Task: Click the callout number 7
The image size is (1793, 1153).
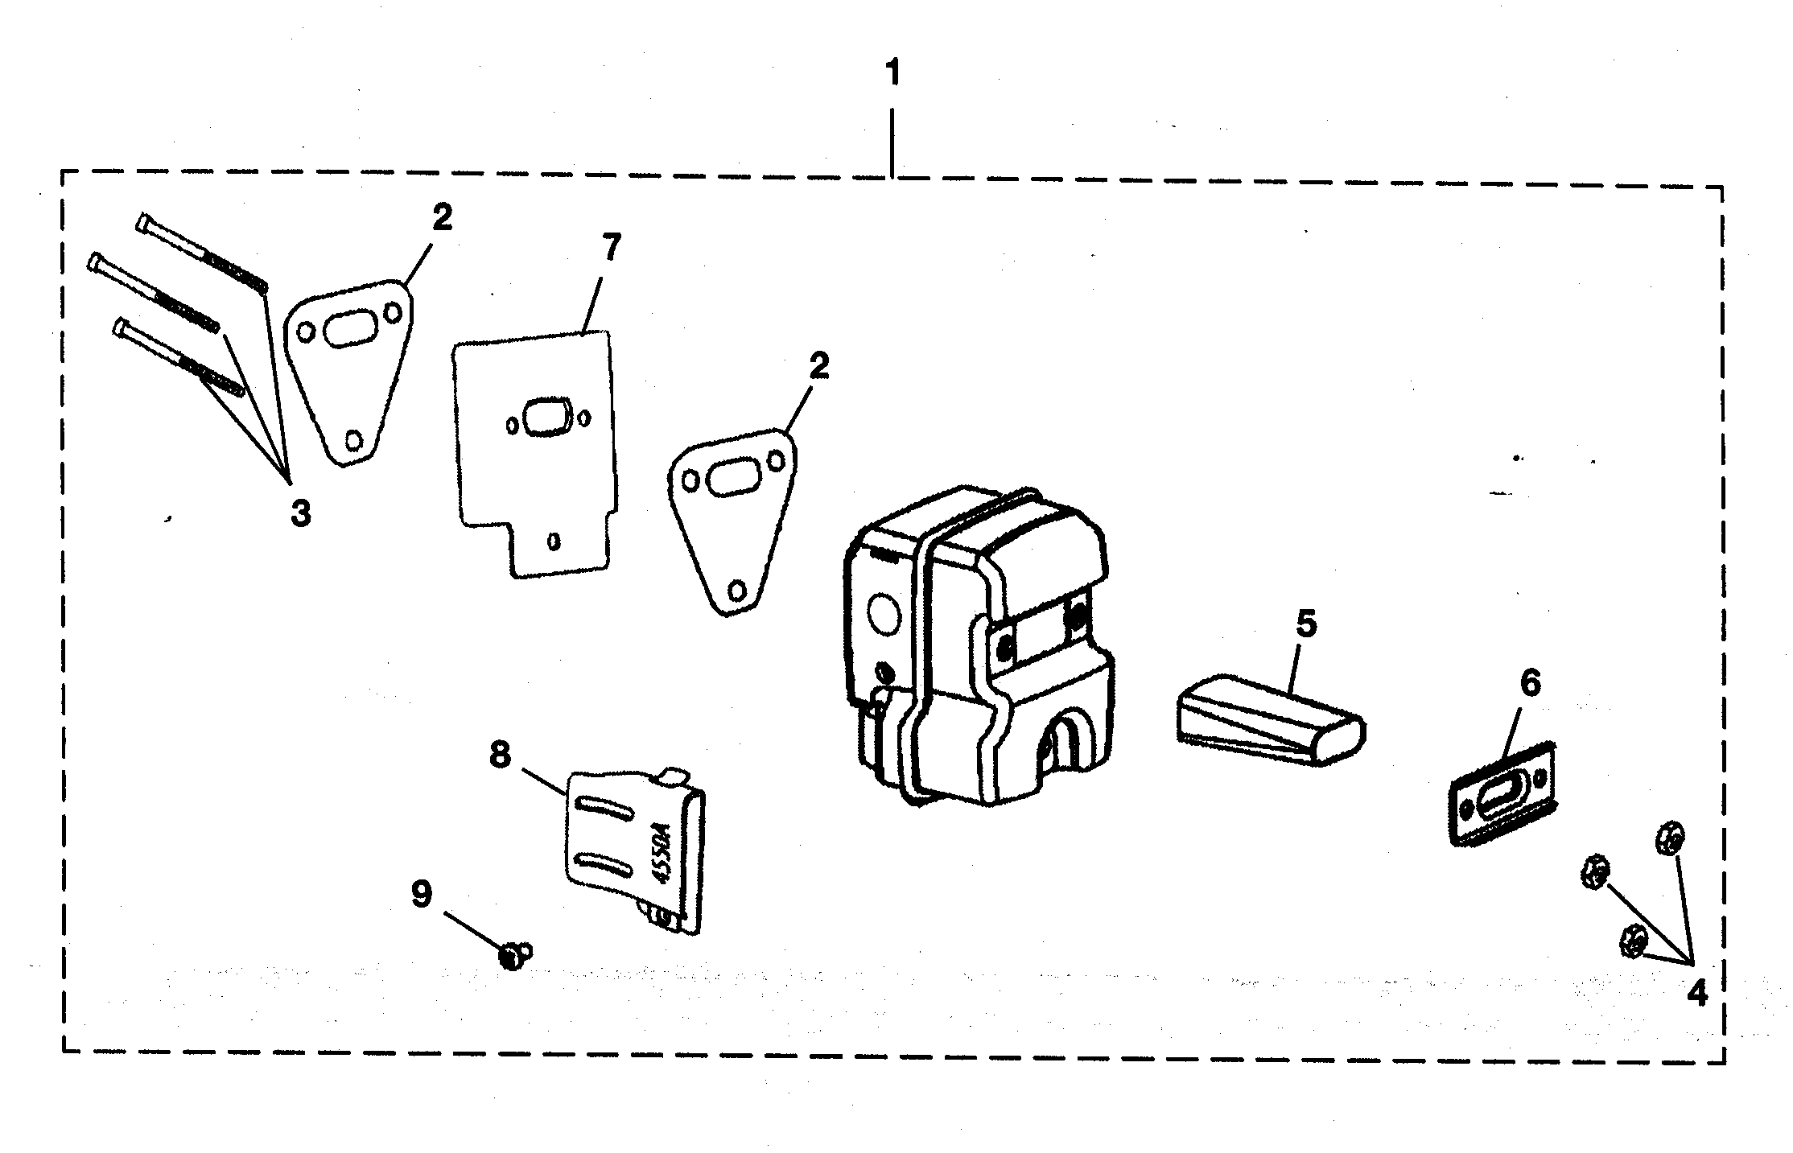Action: click(x=612, y=247)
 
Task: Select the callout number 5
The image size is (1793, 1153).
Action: click(x=1305, y=624)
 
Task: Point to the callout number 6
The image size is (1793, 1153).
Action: click(x=1530, y=683)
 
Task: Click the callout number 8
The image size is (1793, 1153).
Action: click(x=500, y=755)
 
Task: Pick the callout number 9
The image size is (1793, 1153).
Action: click(x=422, y=894)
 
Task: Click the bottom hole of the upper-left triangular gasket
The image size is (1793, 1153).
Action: click(x=353, y=439)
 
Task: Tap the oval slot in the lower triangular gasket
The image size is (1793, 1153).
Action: click(x=732, y=480)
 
